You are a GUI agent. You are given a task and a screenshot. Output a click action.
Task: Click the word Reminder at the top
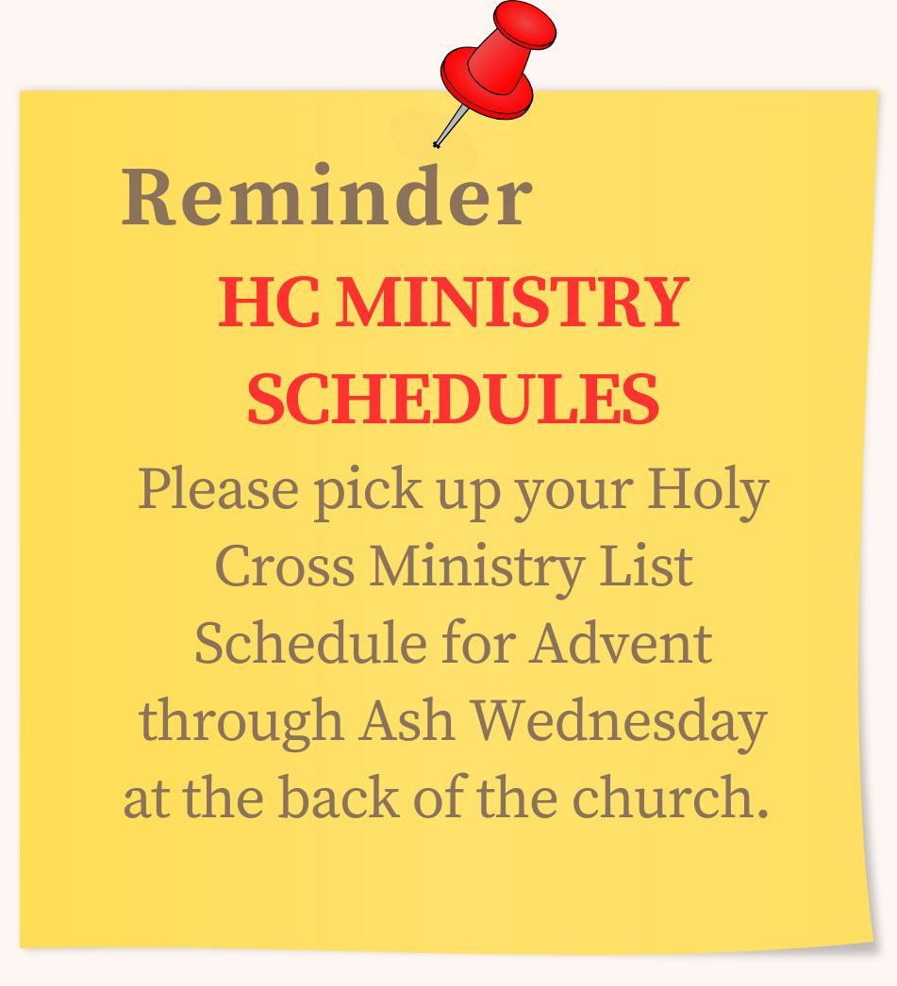(x=326, y=195)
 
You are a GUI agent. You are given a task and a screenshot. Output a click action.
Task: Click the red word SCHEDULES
(x=453, y=399)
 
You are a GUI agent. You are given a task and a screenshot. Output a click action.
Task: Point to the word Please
(x=218, y=488)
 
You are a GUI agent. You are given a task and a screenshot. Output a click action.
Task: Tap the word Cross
(x=284, y=565)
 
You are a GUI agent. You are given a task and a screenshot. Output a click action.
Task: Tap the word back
(x=339, y=796)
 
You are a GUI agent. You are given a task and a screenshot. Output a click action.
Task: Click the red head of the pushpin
(x=498, y=59)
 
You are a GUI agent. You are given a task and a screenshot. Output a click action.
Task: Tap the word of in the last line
(x=438, y=796)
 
